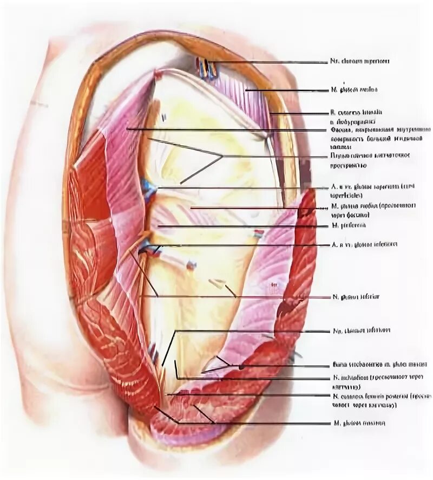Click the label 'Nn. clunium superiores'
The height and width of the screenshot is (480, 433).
pos(359,62)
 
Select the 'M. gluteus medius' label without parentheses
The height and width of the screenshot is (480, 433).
pos(354,89)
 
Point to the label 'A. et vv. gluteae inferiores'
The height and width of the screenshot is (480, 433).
pos(363,245)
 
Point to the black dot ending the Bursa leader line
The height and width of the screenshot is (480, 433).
pos(242,367)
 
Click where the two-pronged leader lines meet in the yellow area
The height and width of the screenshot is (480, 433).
pos(222,157)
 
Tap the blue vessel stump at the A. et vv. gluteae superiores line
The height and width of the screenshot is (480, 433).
pos(148,189)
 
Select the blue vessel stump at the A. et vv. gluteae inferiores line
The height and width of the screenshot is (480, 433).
pos(150,250)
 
